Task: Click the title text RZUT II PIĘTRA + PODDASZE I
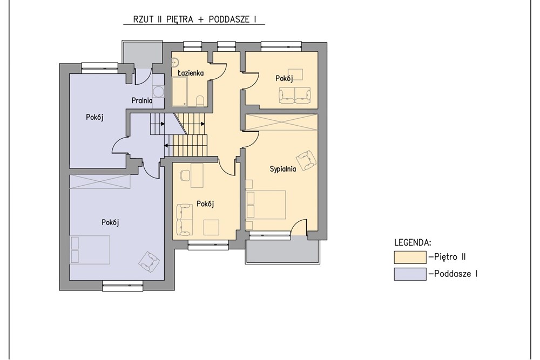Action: pos(194,19)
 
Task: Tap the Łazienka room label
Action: pos(191,73)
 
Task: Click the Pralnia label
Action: pos(142,101)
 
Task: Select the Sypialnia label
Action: pos(283,169)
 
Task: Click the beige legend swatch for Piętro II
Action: pos(410,257)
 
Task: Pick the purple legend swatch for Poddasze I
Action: pos(410,274)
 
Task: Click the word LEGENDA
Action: pos(413,243)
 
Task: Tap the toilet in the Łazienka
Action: pos(200,101)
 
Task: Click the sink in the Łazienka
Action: pos(175,62)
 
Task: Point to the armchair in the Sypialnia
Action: pos(306,160)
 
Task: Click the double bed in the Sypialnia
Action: pos(266,205)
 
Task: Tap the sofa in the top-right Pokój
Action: pos(294,95)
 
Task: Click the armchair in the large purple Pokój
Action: pos(149,261)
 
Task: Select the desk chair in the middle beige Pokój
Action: pos(185,175)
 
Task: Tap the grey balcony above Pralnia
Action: pos(142,53)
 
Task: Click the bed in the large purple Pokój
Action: pos(90,249)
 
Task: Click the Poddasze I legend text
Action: pos(456,274)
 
